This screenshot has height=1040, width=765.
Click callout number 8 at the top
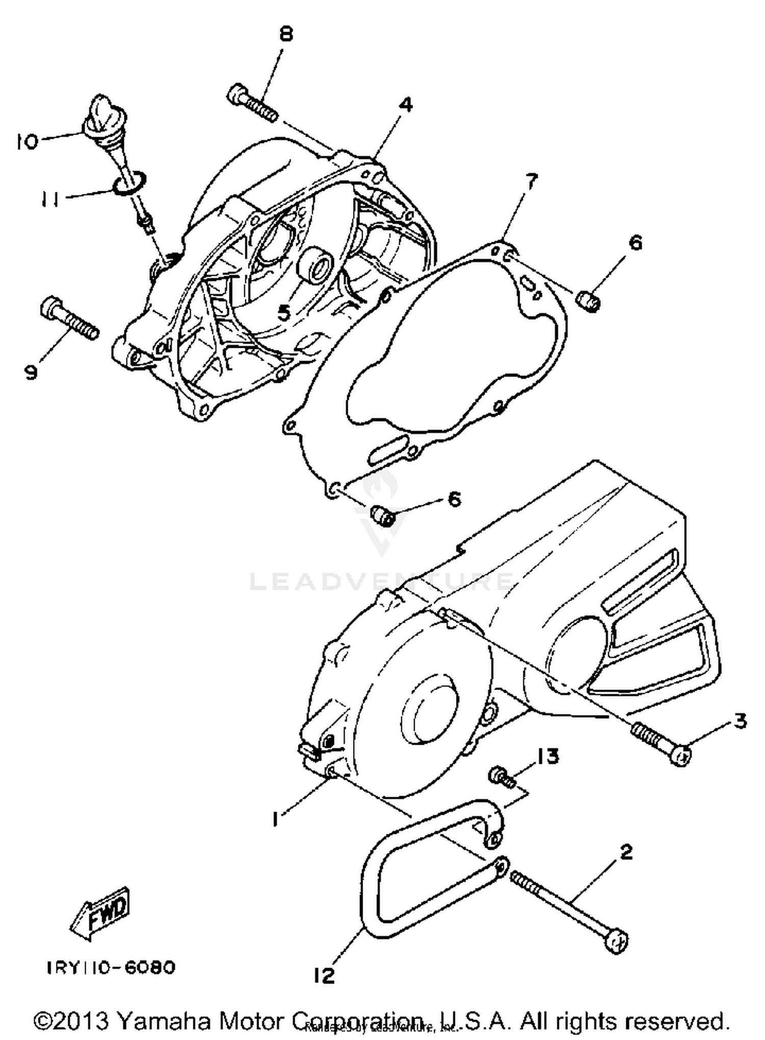286,34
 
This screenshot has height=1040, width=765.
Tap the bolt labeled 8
252,104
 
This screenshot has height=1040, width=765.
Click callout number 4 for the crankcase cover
405,104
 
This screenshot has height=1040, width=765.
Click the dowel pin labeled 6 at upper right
589,301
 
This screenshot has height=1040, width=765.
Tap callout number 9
31,373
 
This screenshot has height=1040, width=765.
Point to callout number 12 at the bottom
324,976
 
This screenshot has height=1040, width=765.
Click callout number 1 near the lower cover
276,820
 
